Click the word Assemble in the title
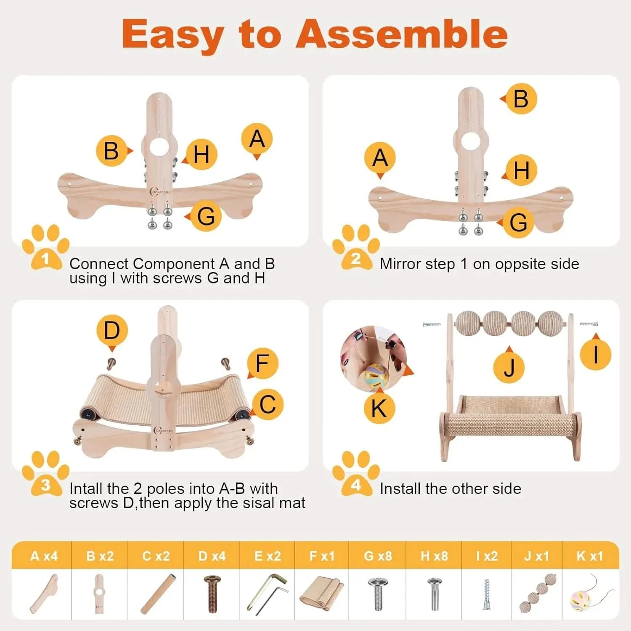pyautogui.click(x=402, y=34)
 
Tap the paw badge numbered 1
pyautogui.click(x=45, y=248)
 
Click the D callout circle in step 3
pyautogui.click(x=111, y=331)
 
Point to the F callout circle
pyautogui.click(x=262, y=363)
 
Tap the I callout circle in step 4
pyautogui.click(x=595, y=354)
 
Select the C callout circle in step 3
pyautogui.click(x=268, y=404)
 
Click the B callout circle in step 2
pyautogui.click(x=521, y=99)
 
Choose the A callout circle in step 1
pyautogui.click(x=257, y=139)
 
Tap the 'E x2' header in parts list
pyautogui.click(x=267, y=556)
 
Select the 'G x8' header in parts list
pyautogui.click(x=378, y=556)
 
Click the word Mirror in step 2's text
pyautogui.click(x=400, y=264)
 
